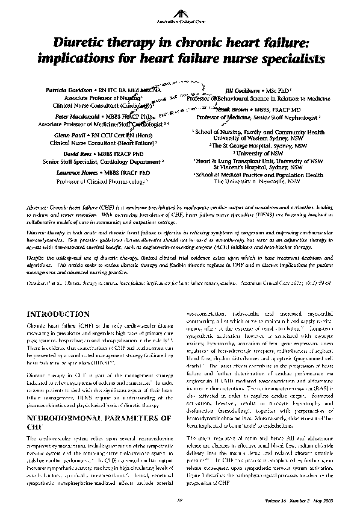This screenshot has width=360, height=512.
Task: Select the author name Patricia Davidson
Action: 69,89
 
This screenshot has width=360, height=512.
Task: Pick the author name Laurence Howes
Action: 76,173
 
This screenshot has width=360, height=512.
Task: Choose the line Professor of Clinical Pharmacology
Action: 102,180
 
